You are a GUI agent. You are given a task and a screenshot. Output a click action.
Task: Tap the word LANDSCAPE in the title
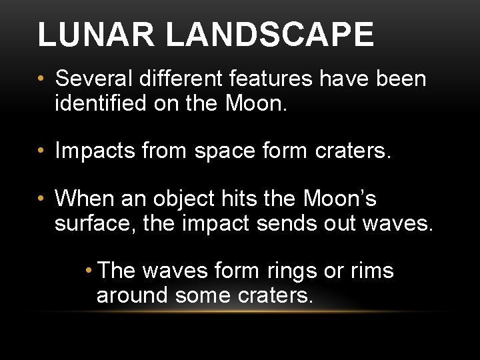[x=269, y=35]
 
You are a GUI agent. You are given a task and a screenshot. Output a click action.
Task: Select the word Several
[x=95, y=79]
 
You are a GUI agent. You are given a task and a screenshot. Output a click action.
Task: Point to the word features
[x=269, y=79]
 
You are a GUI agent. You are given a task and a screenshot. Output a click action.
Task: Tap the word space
[x=225, y=151]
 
